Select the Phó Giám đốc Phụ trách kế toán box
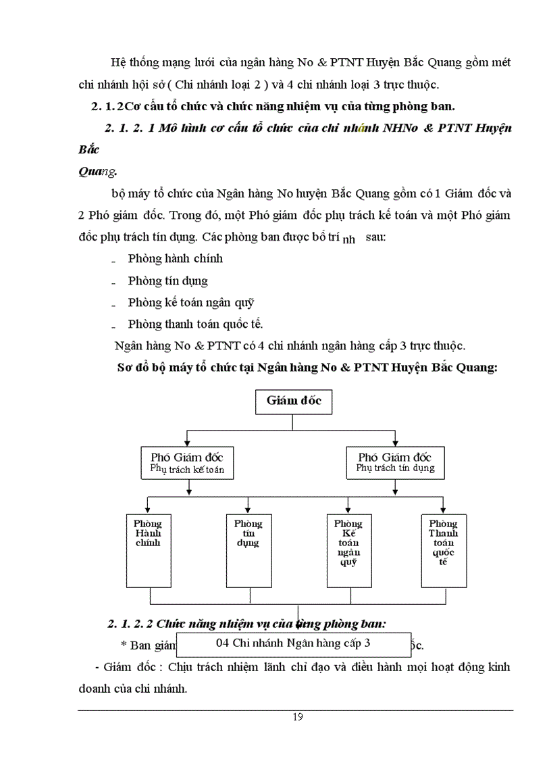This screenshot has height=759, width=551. tap(187, 462)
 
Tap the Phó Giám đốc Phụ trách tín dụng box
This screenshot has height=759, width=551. tap(395, 462)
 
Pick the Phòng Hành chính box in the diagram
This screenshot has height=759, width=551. tap(149, 550)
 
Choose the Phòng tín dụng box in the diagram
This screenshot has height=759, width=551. tap(248, 550)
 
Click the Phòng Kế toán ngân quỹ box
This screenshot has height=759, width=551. tap(348, 550)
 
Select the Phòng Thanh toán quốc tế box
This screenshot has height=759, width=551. tap(443, 550)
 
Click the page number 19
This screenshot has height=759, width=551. tap(298, 717)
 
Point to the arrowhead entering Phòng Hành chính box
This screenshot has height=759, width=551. tap(149, 509)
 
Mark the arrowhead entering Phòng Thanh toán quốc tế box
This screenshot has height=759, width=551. tap(443, 509)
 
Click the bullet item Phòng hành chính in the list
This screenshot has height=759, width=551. tap(175, 258)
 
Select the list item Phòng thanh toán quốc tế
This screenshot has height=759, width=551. tap(195, 323)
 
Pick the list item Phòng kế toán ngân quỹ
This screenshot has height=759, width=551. tap(190, 302)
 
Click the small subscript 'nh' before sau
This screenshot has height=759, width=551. tap(348, 239)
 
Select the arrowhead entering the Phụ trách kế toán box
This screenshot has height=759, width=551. tap(188, 441)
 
